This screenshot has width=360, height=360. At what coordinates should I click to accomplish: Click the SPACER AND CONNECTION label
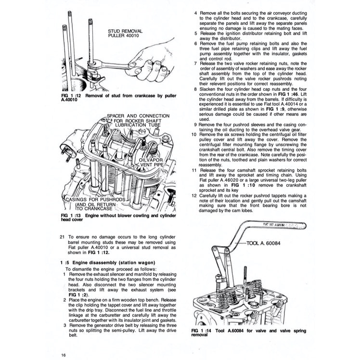click(138, 116)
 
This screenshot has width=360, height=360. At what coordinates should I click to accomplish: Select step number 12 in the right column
click(194, 196)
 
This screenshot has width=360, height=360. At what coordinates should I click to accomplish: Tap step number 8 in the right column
click(195, 90)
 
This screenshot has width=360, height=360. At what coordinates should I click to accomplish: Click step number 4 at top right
click(195, 13)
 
